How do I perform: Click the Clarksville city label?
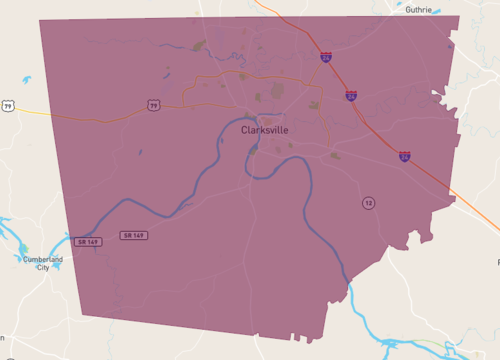pyautogui.click(x=265, y=130)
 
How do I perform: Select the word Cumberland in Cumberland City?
pyautogui.click(x=43, y=260)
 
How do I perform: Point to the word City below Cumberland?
pyautogui.click(x=43, y=268)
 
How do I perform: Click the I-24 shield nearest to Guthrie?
pyautogui.click(x=327, y=57)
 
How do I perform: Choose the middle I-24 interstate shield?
pyautogui.click(x=351, y=96)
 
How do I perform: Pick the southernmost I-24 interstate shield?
pyautogui.click(x=404, y=156)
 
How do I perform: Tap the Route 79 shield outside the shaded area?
pyautogui.click(x=8, y=105)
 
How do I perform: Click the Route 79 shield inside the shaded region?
pyautogui.click(x=154, y=104)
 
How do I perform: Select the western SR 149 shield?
pyautogui.click(x=86, y=241)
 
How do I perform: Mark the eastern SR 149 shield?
pyautogui.click(x=133, y=235)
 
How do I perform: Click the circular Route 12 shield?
pyautogui.click(x=369, y=203)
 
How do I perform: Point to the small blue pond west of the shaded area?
pyautogui.click(x=25, y=80)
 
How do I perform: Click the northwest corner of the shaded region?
pyautogui.click(x=40, y=19)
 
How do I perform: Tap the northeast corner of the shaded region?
pyautogui.click(x=459, y=16)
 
